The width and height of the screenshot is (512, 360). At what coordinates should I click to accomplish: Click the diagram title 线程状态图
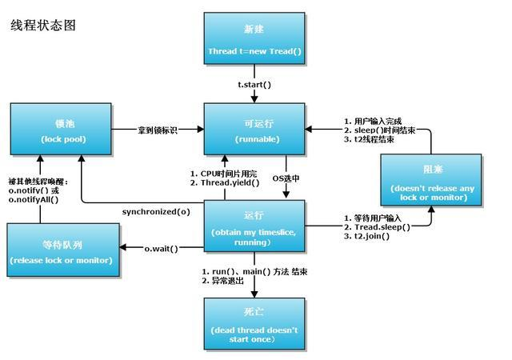[42, 26]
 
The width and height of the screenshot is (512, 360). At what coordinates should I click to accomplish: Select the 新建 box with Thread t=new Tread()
[254, 40]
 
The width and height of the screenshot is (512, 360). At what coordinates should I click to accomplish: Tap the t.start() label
[254, 85]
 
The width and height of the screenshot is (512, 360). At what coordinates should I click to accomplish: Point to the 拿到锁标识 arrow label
[157, 129]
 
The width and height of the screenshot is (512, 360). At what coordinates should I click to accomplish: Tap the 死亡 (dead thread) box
[254, 322]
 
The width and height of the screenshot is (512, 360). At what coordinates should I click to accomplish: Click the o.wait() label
[162, 249]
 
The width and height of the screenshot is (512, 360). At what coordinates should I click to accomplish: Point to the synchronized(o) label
[156, 212]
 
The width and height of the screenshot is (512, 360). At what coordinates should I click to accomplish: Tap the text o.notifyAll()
[41, 199]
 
